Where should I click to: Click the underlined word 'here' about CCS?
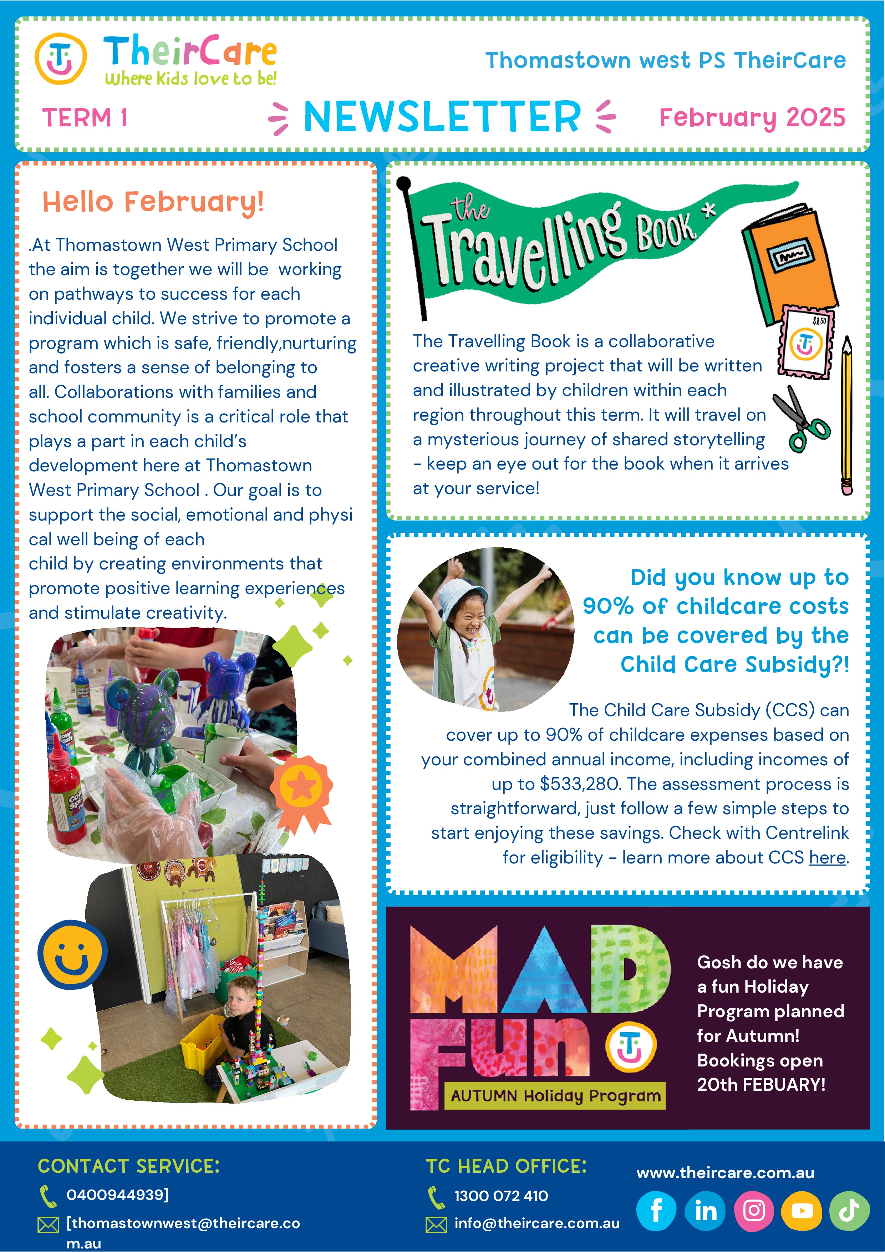(827, 858)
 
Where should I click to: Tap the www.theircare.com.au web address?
(725, 1172)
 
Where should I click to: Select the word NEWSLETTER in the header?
(442, 117)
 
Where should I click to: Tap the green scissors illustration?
(800, 419)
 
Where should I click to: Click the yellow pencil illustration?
(846, 415)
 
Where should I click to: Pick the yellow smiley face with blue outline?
(72, 954)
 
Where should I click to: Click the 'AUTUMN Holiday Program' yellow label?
(555, 1095)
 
